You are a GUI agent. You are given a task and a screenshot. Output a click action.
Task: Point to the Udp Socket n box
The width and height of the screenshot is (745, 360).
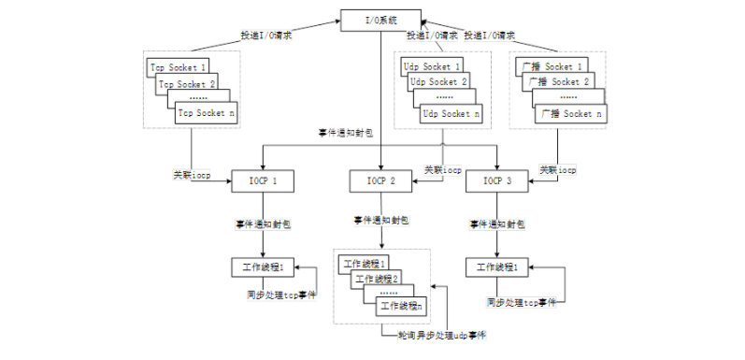pyautogui.click(x=453, y=113)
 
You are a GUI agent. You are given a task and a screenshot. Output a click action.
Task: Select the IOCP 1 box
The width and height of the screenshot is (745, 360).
pyautogui.click(x=264, y=180)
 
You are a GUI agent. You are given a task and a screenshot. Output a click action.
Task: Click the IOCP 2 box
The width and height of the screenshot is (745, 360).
pyautogui.click(x=381, y=180)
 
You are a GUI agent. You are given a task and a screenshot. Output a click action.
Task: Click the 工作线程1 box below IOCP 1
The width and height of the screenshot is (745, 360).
pyautogui.click(x=264, y=267)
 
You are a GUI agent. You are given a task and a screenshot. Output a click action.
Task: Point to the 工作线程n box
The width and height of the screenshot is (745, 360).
pyautogui.click(x=399, y=305)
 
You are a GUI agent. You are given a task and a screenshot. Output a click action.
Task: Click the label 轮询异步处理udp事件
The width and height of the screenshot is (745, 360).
pyautogui.click(x=436, y=334)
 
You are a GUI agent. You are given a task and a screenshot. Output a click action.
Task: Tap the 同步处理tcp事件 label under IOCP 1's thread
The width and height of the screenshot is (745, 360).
pyautogui.click(x=276, y=295)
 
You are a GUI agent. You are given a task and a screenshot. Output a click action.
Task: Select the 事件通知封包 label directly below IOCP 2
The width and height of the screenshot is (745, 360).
pyautogui.click(x=380, y=221)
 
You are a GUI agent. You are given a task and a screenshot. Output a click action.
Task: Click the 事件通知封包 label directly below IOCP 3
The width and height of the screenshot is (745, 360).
pyautogui.click(x=497, y=225)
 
